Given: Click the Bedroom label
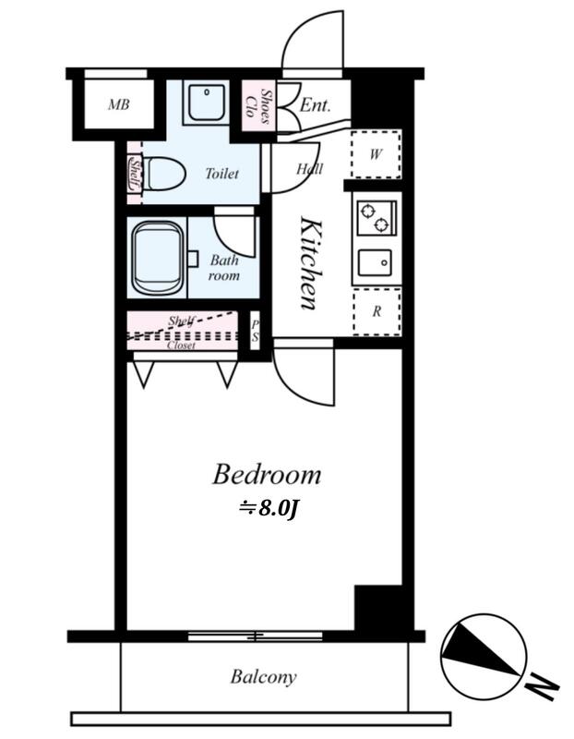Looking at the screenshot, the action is click(x=267, y=475).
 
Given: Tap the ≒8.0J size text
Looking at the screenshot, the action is click(x=269, y=508).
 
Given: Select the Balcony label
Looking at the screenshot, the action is click(x=263, y=677).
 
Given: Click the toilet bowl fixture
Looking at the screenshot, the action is click(x=163, y=174).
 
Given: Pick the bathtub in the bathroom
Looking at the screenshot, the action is click(x=157, y=259).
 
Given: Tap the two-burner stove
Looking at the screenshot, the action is click(x=377, y=218).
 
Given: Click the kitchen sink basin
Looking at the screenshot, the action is click(x=375, y=263).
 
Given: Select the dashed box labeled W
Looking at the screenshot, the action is click(x=376, y=154).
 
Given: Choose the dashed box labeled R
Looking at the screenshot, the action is click(x=377, y=311).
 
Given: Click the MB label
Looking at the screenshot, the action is click(x=119, y=104).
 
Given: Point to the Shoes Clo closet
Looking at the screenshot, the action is click(x=258, y=105).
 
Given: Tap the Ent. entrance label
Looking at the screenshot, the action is click(x=315, y=104).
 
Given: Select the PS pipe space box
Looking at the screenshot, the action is click(x=255, y=331).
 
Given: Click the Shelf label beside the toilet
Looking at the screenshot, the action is click(x=135, y=174).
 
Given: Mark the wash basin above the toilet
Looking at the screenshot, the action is click(x=206, y=101).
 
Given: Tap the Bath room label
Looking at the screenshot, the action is click(x=224, y=267).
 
